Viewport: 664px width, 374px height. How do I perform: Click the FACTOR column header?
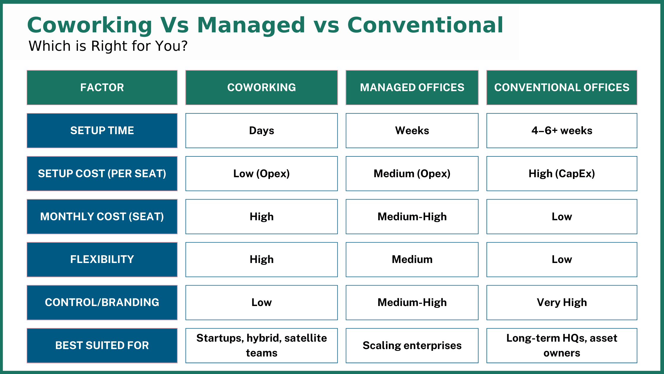102,88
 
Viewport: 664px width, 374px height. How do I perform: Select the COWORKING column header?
261,88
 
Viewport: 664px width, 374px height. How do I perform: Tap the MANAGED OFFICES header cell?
412,88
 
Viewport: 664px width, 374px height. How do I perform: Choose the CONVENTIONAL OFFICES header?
562,88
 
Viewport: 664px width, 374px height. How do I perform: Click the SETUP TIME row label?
102,131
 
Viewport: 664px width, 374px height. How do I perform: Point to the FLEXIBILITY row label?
102,259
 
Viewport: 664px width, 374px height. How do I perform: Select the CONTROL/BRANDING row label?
102,302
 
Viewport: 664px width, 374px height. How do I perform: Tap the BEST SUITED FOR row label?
102,346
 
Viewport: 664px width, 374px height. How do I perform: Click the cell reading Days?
261,131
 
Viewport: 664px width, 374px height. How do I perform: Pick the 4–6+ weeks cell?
562,131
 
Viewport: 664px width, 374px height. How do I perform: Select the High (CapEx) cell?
562,174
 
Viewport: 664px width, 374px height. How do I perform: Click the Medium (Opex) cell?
412,174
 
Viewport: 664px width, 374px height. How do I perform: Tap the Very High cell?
562,302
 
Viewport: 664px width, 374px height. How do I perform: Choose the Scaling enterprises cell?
412,346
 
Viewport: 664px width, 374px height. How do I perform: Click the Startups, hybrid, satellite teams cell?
261,346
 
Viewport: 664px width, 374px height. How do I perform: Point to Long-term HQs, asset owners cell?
562,346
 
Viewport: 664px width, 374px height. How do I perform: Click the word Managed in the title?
251,25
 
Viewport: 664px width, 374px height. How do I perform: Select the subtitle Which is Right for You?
108,46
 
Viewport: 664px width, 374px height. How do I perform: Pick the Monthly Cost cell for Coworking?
261,217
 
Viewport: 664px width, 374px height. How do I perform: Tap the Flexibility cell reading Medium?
412,259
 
